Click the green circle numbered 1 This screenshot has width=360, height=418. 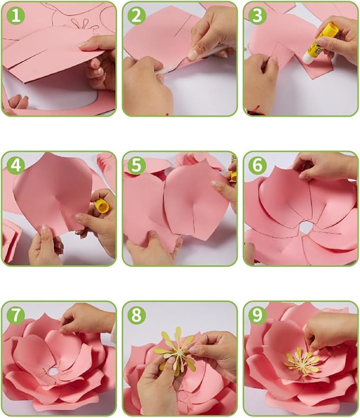tap(16, 15)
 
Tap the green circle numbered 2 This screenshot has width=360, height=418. tap(137, 15)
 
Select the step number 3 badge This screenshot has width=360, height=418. tap(257, 15)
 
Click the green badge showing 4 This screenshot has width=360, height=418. tap(16, 165)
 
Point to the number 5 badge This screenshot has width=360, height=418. tap(137, 165)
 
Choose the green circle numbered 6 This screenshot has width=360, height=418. tap(257, 165)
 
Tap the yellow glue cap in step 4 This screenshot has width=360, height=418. tap(102, 206)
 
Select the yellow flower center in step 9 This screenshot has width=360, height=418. tap(301, 361)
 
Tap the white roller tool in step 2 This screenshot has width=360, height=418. tap(187, 60)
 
